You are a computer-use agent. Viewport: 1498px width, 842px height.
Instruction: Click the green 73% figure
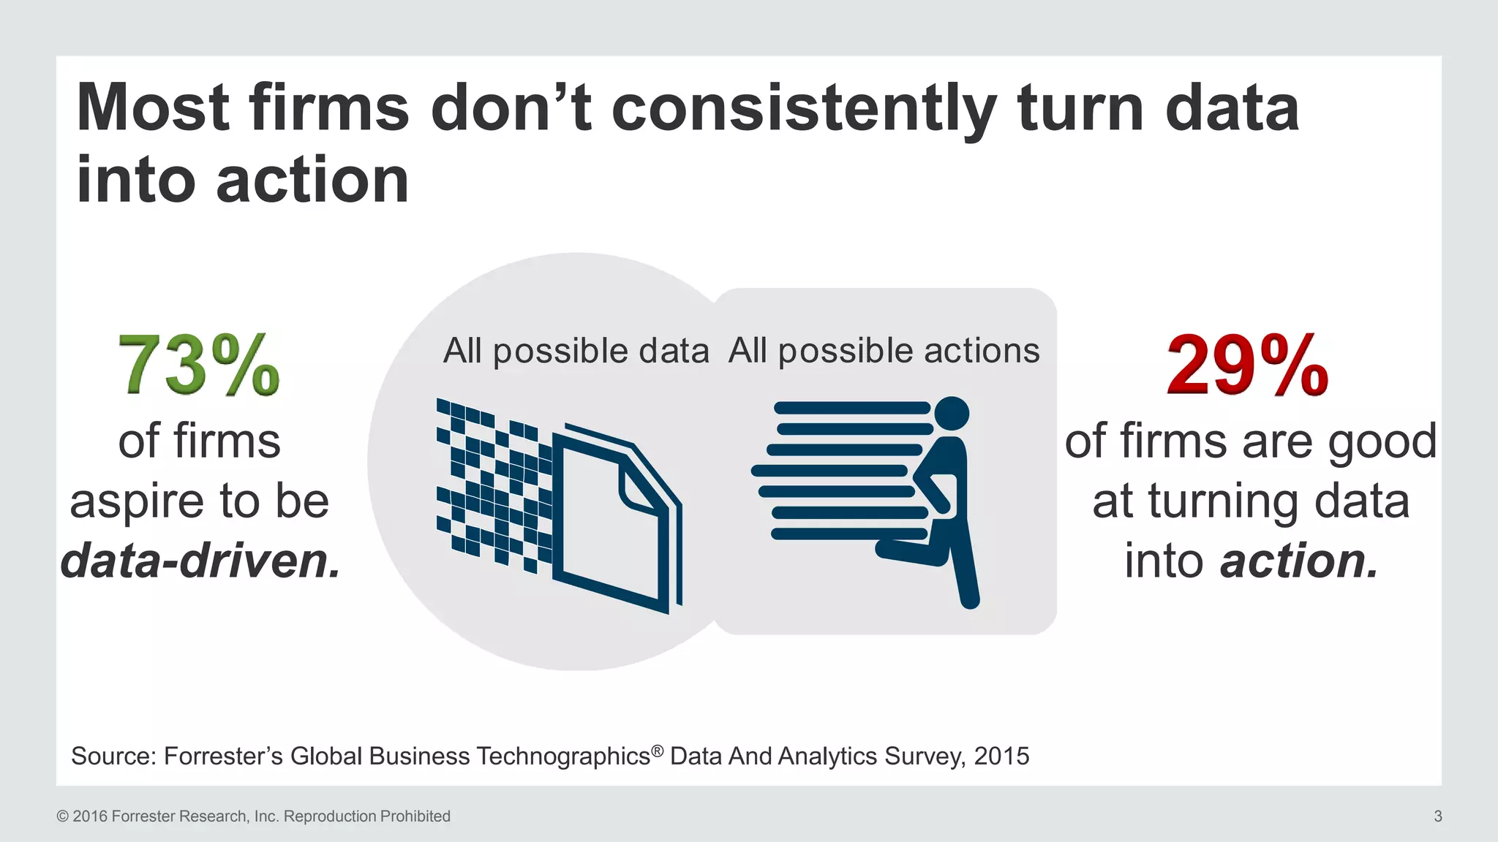point(199,365)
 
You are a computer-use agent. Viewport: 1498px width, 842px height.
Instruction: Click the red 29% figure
point(1248,365)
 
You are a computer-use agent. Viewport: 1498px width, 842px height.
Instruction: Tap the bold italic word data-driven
point(200,561)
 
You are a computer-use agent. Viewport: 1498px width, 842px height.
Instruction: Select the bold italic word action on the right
point(1299,561)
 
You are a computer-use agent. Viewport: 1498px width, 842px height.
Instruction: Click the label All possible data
point(576,351)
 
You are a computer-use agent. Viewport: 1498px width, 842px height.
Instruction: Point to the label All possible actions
point(884,351)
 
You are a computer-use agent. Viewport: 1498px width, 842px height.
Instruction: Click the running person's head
point(952,414)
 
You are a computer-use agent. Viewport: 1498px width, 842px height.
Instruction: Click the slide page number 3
point(1437,816)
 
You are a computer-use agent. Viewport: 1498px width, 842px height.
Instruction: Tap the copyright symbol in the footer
point(62,816)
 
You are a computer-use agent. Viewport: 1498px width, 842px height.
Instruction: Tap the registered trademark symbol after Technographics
point(658,750)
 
